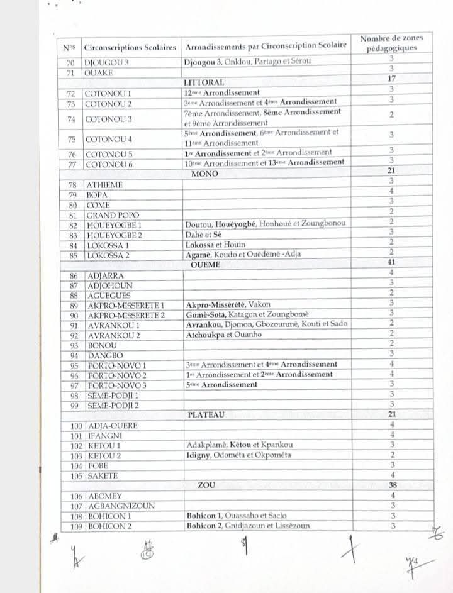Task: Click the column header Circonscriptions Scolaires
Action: [130, 47]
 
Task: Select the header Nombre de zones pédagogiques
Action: [391, 43]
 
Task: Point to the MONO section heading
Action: [205, 174]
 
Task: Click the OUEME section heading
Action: [206, 265]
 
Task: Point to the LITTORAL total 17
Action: [391, 79]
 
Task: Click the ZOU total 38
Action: [391, 485]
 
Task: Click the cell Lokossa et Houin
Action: [215, 244]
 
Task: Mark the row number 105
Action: [74, 475]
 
